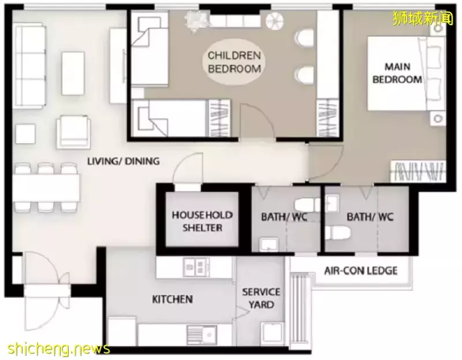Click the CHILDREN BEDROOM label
coord(234,62)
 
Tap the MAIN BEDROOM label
coord(397,73)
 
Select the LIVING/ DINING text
coord(124,161)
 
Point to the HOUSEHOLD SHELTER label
coord(202,221)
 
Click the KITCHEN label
coord(172,299)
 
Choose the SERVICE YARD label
coord(261,298)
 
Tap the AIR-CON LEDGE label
coord(360,270)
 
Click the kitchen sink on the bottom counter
coord(202,335)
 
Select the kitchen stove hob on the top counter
coord(196,267)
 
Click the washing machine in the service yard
coord(271,334)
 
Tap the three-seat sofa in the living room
coord(30,66)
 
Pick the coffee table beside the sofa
coord(73,73)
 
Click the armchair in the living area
coord(73,132)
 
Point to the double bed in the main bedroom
coord(406,74)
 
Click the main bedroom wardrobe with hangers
coord(418,171)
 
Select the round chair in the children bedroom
coord(274,21)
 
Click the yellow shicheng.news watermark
coord(59,349)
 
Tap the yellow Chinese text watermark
coord(423,18)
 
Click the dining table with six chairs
coord(46,188)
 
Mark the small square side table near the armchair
coord(25,134)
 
